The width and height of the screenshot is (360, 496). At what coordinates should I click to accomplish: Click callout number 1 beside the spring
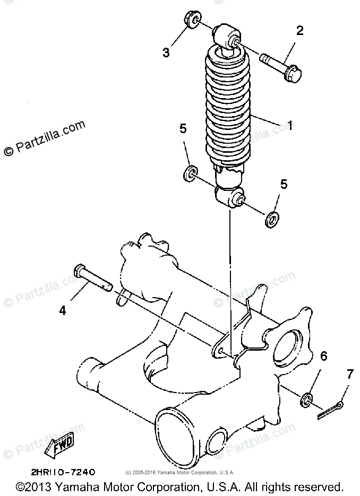(290, 126)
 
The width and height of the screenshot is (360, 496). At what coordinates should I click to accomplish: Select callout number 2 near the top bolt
(300, 30)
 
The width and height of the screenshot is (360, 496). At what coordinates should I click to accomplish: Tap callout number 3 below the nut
(166, 53)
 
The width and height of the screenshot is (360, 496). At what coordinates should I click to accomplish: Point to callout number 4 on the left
(63, 311)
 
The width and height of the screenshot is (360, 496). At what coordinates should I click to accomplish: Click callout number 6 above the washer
(323, 355)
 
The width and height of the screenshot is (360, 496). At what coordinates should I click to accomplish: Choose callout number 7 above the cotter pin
(349, 375)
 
